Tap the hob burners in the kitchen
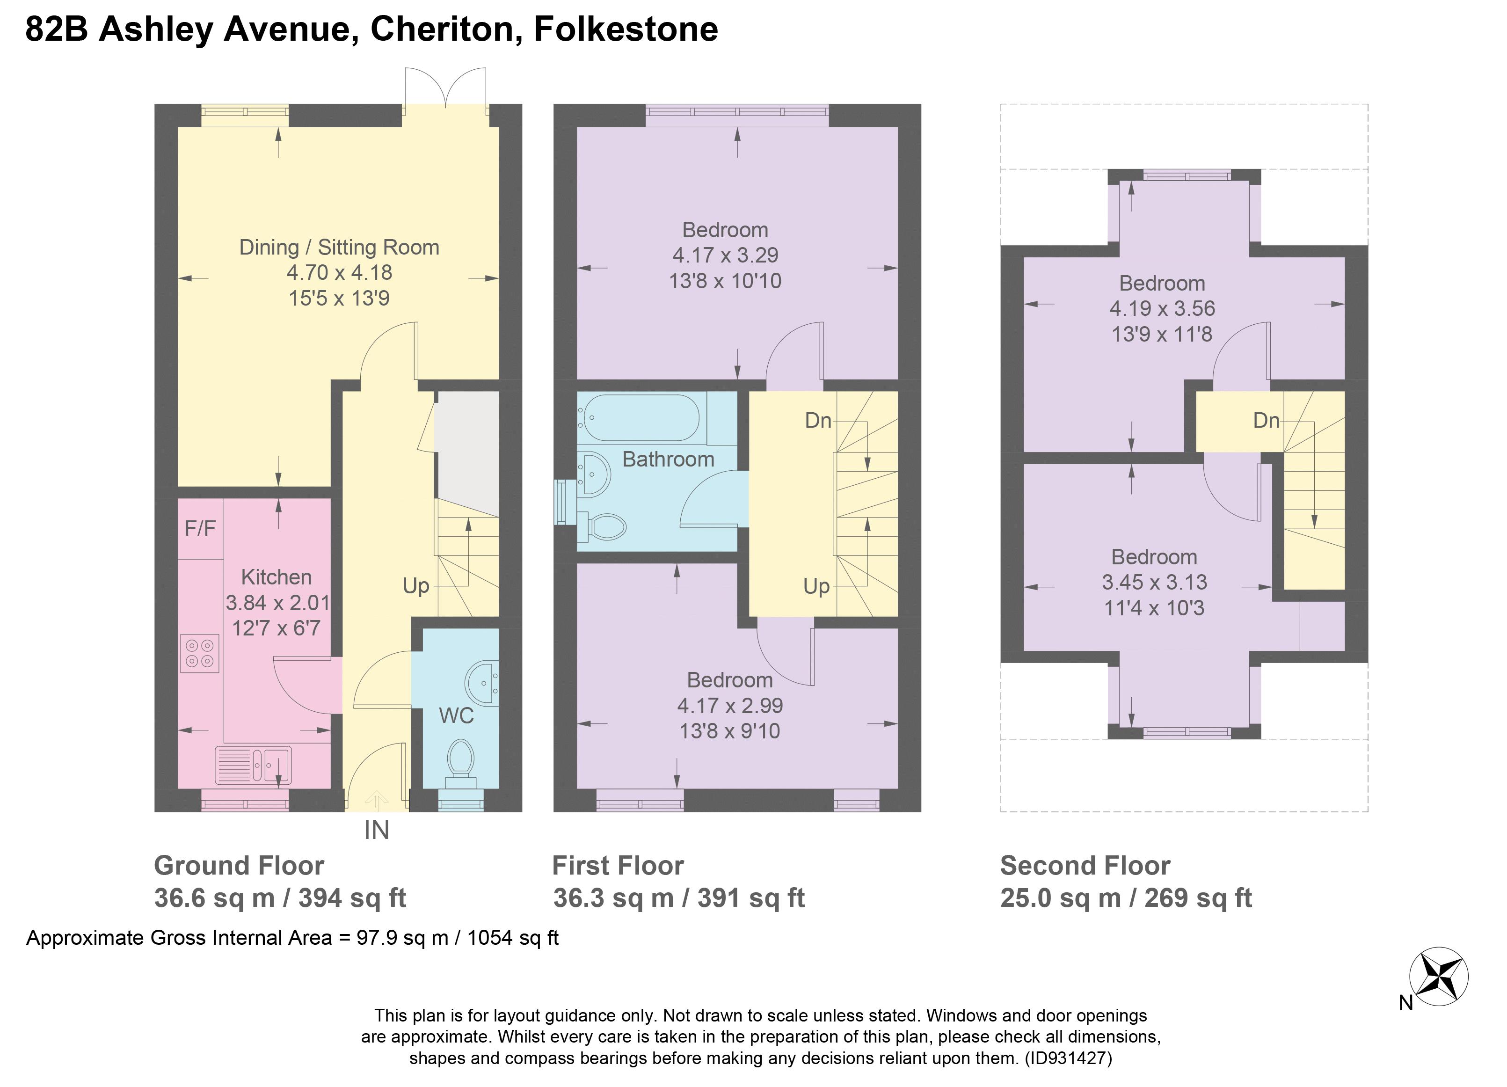coord(199,653)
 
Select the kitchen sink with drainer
coord(253,765)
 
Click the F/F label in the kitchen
coord(200,529)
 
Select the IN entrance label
coord(376,831)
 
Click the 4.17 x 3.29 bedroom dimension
coord(725,255)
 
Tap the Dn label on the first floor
coord(818,421)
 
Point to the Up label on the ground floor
coord(416,586)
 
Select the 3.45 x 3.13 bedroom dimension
coord(1154,583)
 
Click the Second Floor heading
coord(1085,866)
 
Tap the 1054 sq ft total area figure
coord(512,938)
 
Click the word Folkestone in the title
coord(626,29)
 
